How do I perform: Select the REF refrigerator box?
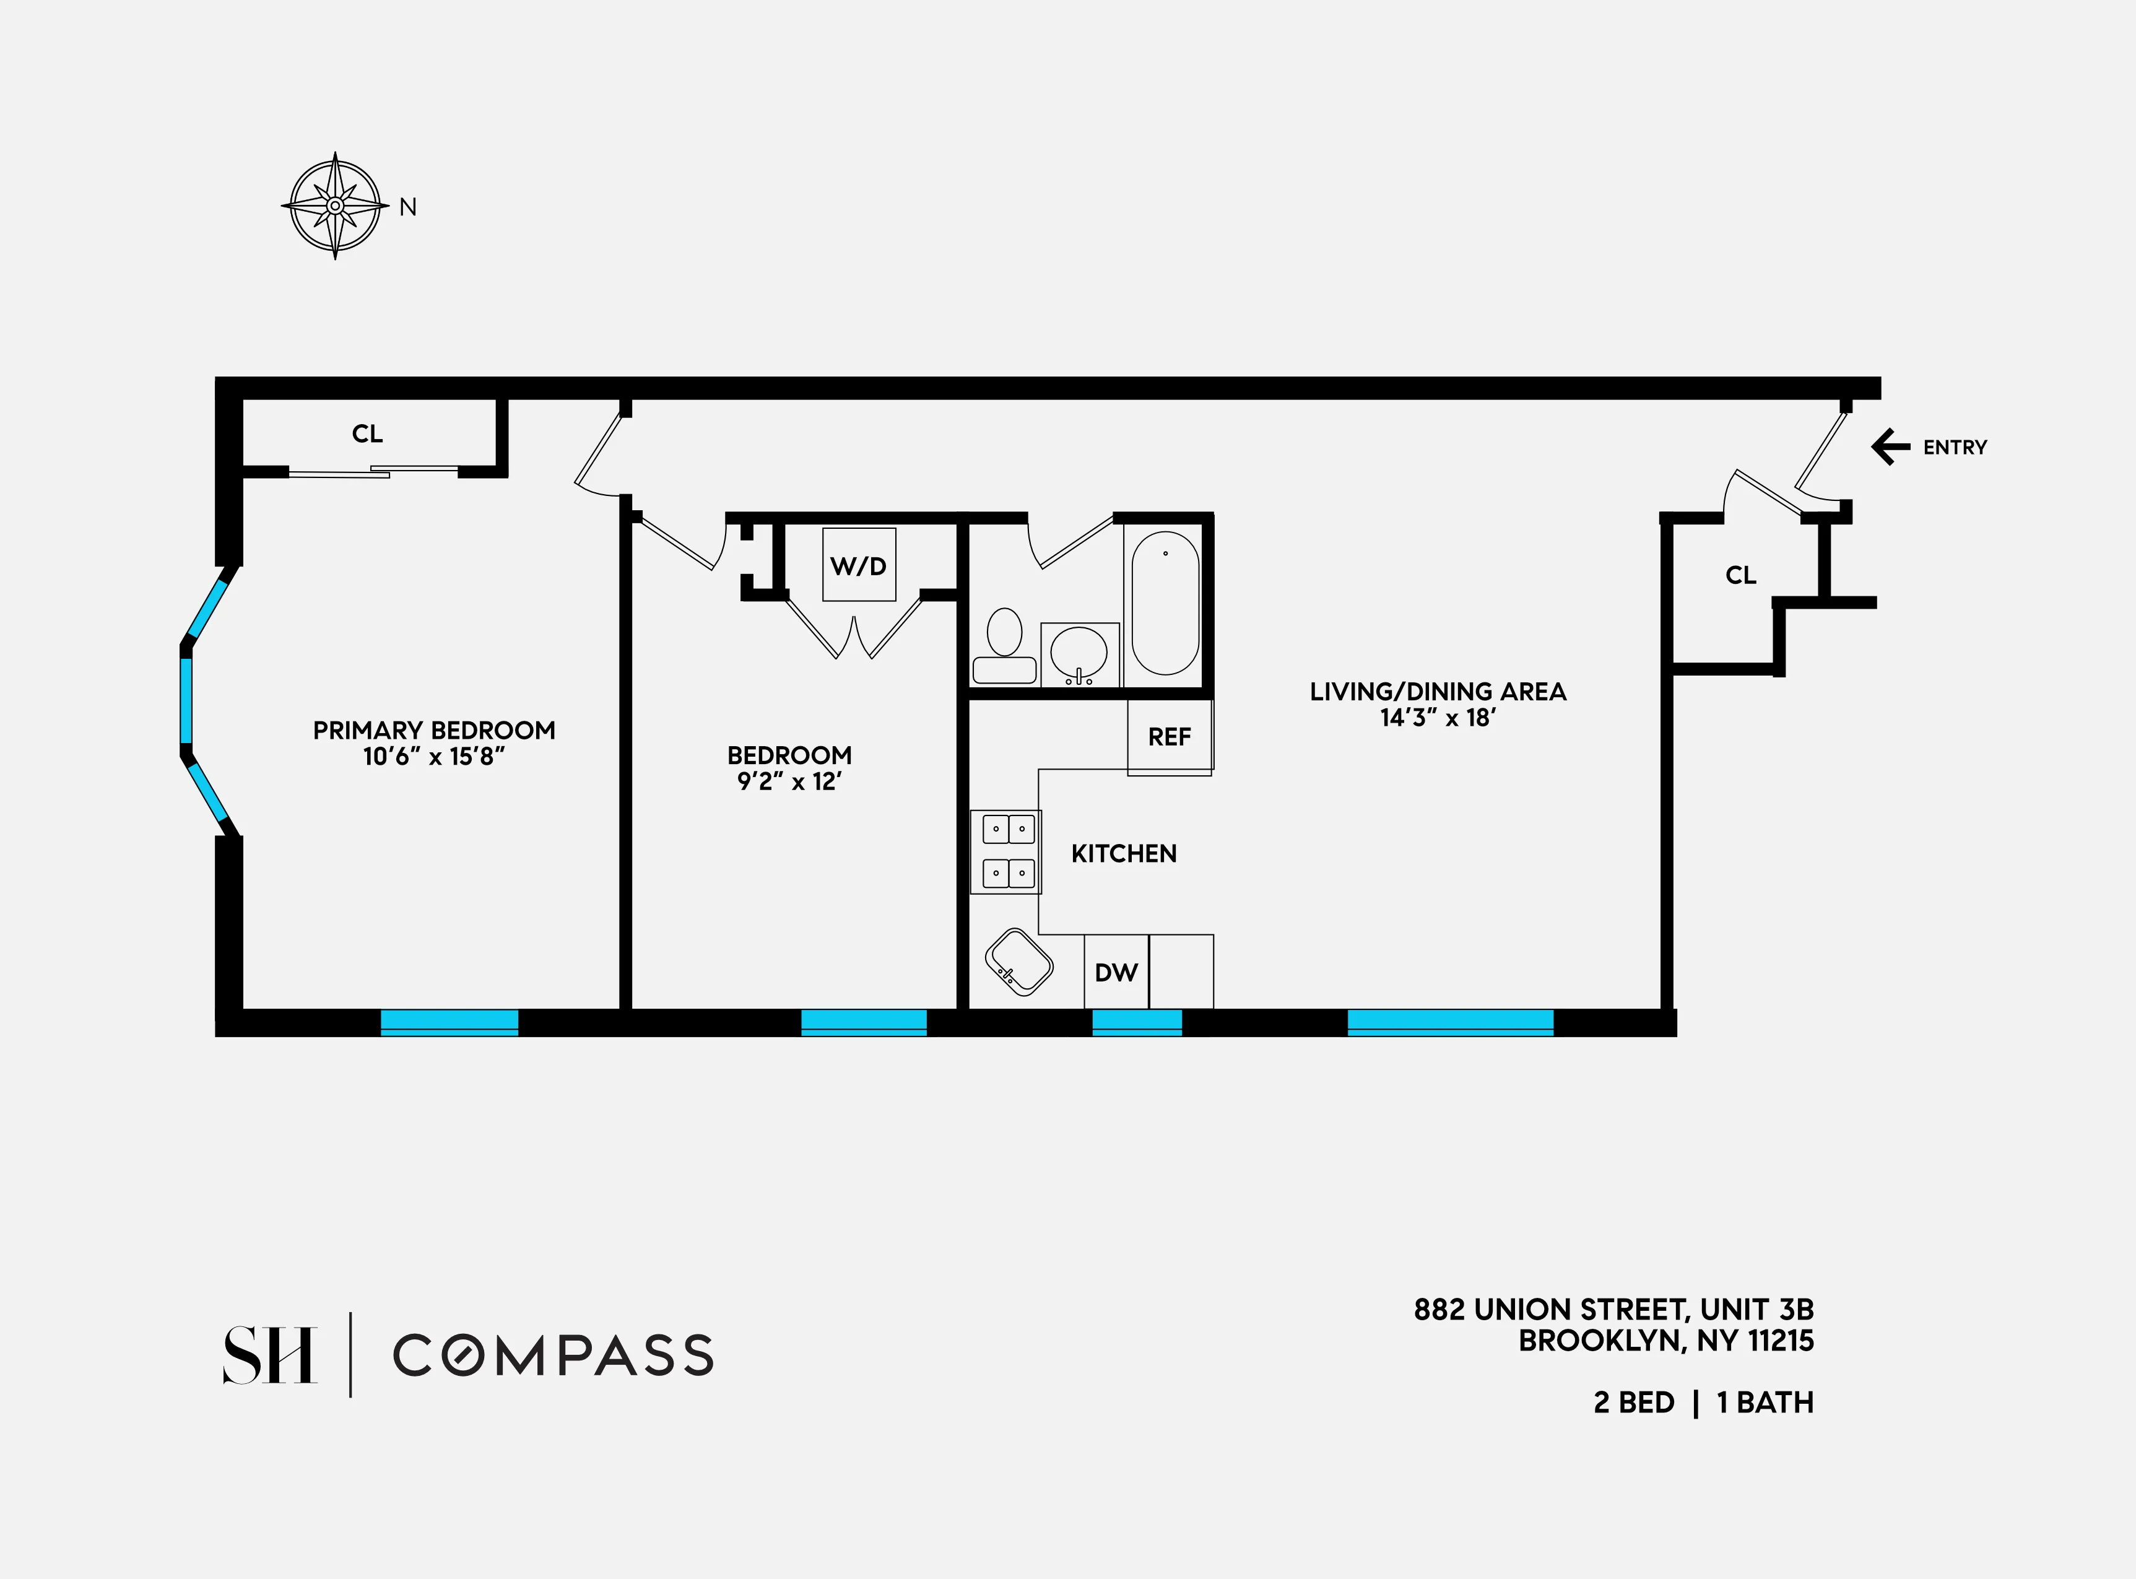(x=1170, y=736)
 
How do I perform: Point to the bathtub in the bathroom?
(x=1165, y=603)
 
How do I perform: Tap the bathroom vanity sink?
(x=1079, y=654)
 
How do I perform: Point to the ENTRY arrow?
(x=1890, y=446)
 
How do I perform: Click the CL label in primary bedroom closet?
(x=367, y=434)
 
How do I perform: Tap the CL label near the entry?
(x=1740, y=575)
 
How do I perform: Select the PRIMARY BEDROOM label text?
(x=434, y=730)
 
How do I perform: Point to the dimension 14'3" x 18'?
(x=1438, y=718)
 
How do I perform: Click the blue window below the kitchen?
(x=1136, y=1022)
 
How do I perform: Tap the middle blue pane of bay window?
(x=186, y=700)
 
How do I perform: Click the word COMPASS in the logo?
(x=554, y=1355)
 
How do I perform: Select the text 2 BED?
(x=1635, y=1402)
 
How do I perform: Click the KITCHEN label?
(x=1124, y=853)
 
